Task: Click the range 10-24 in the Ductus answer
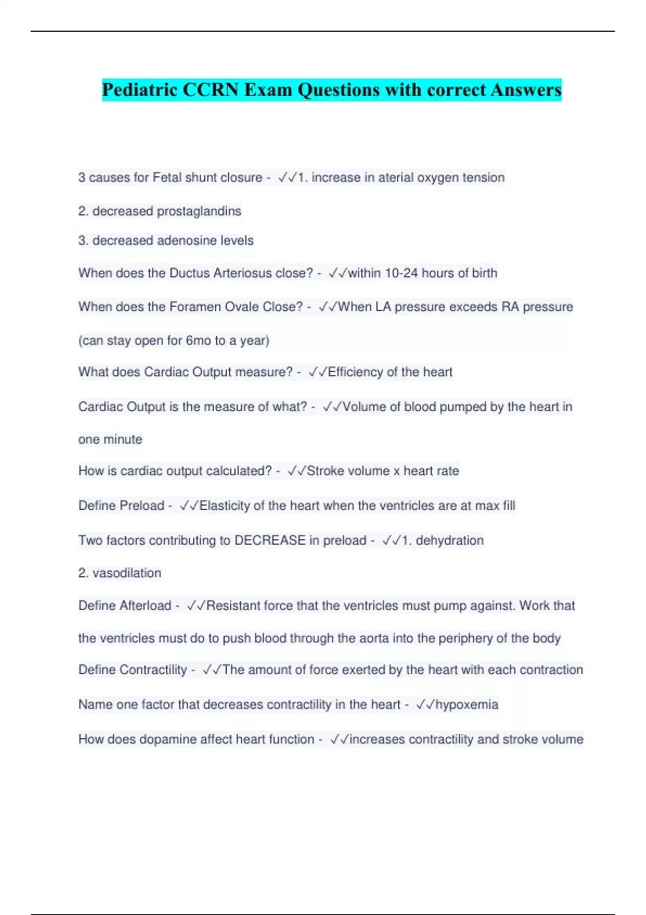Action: [x=402, y=273]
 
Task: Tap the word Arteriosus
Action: [x=242, y=273]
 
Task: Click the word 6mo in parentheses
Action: [x=198, y=341]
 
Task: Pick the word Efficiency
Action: [x=355, y=372]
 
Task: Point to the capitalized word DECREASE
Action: [x=270, y=540]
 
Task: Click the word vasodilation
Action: [x=127, y=573]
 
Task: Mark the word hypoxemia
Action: [x=467, y=705]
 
